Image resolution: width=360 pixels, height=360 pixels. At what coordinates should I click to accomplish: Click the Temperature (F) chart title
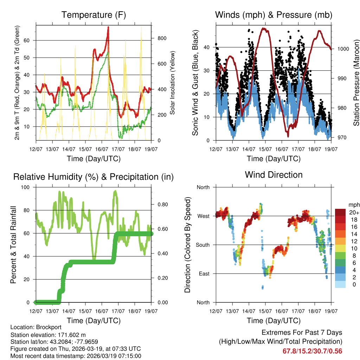pos(94,15)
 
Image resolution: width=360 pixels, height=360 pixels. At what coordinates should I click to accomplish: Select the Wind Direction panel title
pos(274,175)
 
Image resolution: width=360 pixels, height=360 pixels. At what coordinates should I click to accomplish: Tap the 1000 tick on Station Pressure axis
pos(343,49)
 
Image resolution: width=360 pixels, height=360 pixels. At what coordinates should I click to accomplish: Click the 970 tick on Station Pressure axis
pos(341,137)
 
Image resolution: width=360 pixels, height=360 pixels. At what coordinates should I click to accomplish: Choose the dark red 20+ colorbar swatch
pos(340,212)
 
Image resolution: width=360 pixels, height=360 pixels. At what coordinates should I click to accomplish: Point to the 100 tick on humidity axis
pos(28,187)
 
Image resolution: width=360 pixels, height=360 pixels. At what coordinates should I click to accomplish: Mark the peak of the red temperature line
pos(108,27)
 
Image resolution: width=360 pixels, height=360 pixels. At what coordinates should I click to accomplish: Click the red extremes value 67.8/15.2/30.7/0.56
pos(312,351)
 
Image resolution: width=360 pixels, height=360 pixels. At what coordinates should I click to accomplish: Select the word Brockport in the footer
pos(41,327)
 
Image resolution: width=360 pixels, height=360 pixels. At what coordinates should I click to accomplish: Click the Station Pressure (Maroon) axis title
pos(356,83)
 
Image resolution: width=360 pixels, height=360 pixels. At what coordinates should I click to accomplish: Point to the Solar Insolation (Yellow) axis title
pos(173,83)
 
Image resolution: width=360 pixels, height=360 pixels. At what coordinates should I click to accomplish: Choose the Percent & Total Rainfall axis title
pos(13,245)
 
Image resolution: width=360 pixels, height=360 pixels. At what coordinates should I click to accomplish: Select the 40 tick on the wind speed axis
pos(207,47)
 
